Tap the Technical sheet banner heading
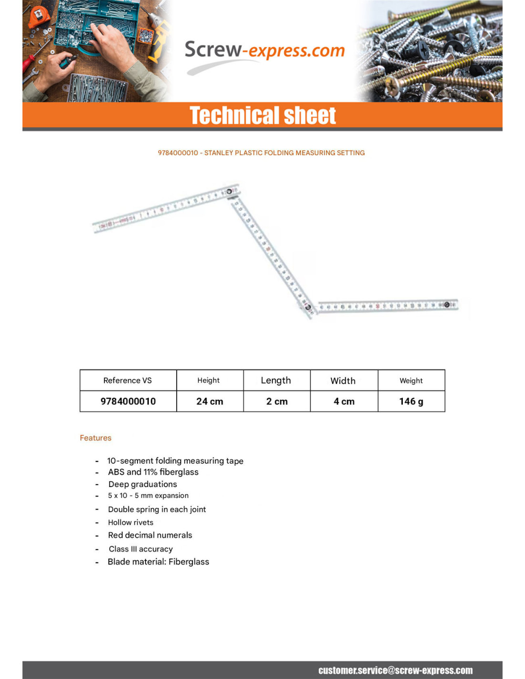(262, 116)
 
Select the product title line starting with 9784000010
(261, 153)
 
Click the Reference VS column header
(127, 381)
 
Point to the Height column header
(209, 381)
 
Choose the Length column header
(276, 381)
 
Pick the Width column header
(343, 381)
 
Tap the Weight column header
(411, 381)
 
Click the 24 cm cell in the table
(210, 402)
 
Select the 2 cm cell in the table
(277, 402)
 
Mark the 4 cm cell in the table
(344, 402)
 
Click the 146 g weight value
(411, 402)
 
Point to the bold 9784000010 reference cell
(128, 402)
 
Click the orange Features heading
(95, 438)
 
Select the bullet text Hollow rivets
(130, 522)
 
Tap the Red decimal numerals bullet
(150, 535)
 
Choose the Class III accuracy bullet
(140, 549)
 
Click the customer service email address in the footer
(395, 670)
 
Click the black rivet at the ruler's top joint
(229, 191)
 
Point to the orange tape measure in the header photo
(38, 16)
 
